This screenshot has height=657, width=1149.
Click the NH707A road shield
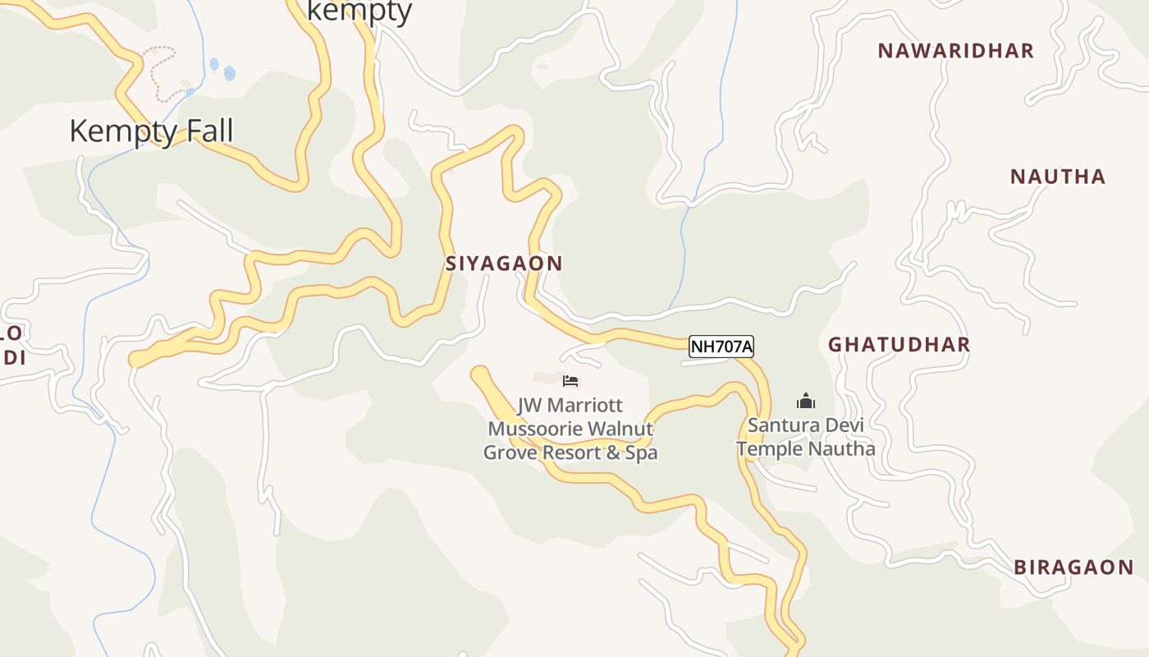click(721, 347)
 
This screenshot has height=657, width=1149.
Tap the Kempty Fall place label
click(151, 131)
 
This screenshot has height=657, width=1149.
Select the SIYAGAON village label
click(504, 264)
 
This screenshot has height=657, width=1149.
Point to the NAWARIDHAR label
click(955, 51)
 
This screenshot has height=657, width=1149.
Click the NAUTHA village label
click(1057, 177)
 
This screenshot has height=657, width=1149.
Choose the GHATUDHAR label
click(899, 344)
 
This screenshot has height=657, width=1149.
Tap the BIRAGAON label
click(1073, 567)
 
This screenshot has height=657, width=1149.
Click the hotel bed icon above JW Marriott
click(570, 380)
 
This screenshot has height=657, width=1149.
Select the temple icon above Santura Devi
click(806, 402)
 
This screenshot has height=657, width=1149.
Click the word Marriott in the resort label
click(586, 406)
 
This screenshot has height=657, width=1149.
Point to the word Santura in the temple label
click(780, 426)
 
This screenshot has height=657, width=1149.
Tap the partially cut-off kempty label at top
click(359, 11)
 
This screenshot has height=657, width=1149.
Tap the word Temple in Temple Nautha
click(768, 449)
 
